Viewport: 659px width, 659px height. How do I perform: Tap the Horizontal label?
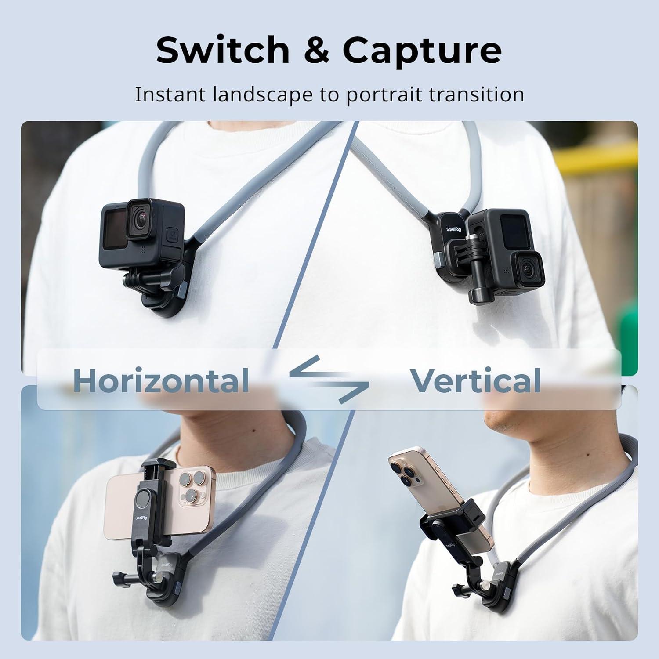(x=161, y=380)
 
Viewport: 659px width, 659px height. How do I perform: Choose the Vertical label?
(x=475, y=380)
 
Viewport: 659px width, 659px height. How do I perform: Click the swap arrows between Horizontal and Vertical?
(x=329, y=379)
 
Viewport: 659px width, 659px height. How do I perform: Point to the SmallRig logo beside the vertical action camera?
(x=454, y=229)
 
